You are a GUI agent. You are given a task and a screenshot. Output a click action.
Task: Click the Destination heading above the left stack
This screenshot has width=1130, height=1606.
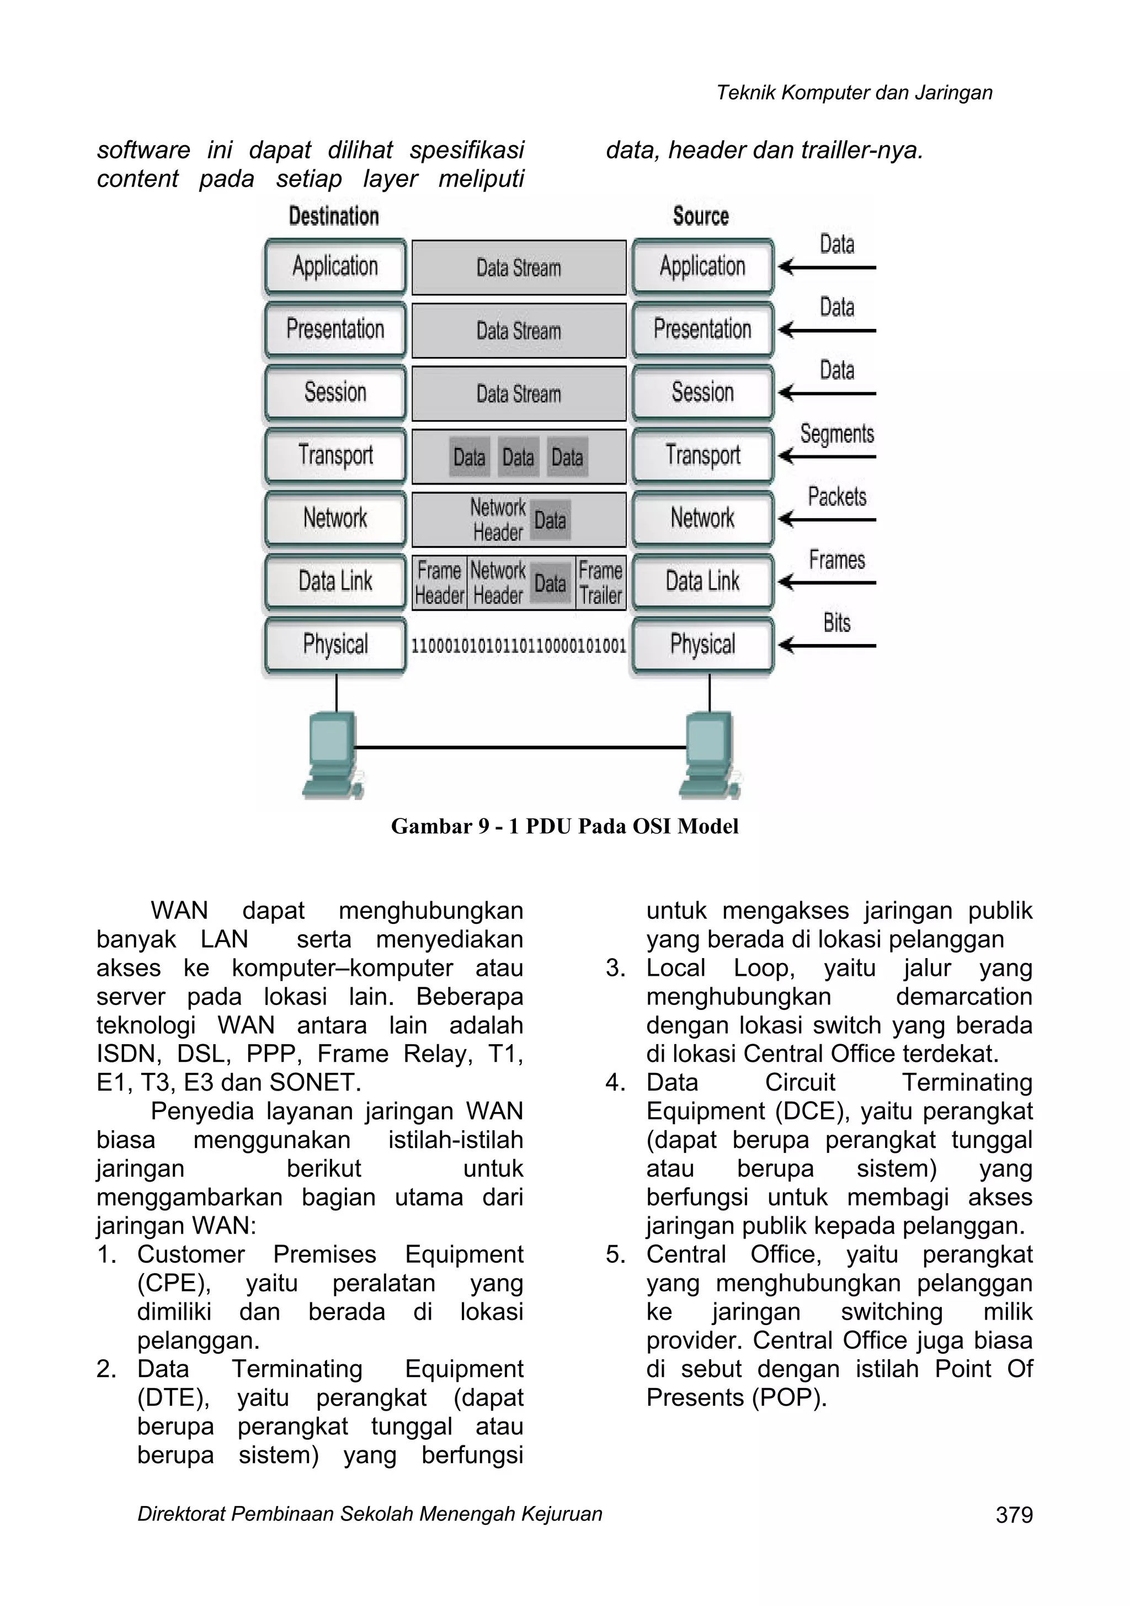click(334, 216)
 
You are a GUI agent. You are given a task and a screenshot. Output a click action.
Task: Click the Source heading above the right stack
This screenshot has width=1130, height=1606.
click(701, 216)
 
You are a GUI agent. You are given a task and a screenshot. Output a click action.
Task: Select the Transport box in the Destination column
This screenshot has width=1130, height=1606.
click(335, 455)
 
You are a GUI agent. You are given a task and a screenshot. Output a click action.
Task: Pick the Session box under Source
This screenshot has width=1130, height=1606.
click(703, 392)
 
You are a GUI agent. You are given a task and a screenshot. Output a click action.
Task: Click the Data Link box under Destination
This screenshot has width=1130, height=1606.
click(335, 581)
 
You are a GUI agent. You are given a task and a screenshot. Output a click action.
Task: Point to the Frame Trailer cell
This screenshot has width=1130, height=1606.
click(601, 583)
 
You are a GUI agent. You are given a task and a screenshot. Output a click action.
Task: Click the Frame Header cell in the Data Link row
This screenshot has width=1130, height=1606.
click(439, 583)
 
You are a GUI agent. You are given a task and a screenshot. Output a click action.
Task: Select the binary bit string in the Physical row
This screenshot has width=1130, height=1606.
click(518, 646)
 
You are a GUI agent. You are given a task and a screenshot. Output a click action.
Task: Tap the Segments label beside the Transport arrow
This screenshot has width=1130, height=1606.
click(837, 434)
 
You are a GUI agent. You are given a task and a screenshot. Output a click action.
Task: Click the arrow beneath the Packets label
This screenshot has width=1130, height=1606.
click(827, 520)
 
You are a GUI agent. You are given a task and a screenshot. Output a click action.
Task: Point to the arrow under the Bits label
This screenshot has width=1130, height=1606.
click(827, 646)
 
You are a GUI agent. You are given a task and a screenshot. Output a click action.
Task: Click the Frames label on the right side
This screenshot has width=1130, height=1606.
click(837, 560)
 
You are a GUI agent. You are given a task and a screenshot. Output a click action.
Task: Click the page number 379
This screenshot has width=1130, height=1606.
click(1014, 1515)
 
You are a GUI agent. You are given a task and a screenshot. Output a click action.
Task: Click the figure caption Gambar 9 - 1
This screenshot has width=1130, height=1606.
click(564, 826)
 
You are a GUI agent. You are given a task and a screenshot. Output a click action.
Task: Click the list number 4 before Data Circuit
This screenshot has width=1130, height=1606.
click(615, 1083)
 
